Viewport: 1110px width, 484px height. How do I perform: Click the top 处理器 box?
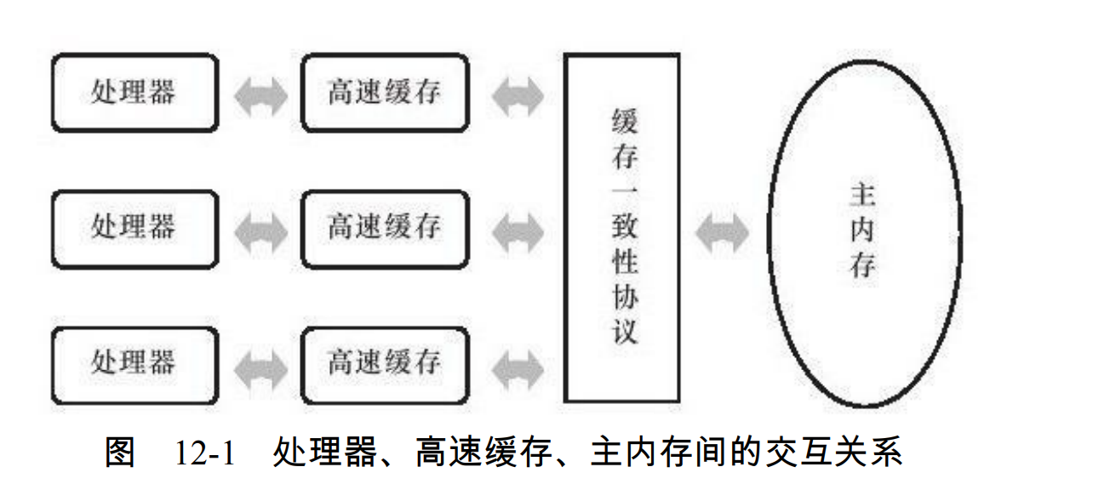pyautogui.click(x=134, y=93)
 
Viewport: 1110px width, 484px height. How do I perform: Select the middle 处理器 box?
pyautogui.click(x=134, y=228)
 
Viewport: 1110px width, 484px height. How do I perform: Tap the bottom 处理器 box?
pyautogui.click(x=134, y=364)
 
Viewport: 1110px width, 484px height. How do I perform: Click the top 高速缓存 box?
pyautogui.click(x=384, y=93)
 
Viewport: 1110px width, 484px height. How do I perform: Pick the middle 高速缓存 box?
pyautogui.click(x=384, y=228)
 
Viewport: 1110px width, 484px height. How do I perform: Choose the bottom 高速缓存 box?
pyautogui.click(x=384, y=364)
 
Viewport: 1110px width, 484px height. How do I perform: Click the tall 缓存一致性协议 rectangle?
pyautogui.click(x=622, y=228)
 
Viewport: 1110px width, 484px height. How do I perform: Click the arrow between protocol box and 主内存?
pyautogui.click(x=723, y=231)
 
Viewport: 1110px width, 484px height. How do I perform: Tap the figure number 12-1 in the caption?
pyautogui.click(x=204, y=453)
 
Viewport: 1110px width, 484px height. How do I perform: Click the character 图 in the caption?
pyautogui.click(x=120, y=452)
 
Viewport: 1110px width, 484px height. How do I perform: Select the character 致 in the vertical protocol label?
pyautogui.click(x=624, y=227)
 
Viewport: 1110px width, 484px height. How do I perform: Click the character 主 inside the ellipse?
pyautogui.click(x=863, y=196)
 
